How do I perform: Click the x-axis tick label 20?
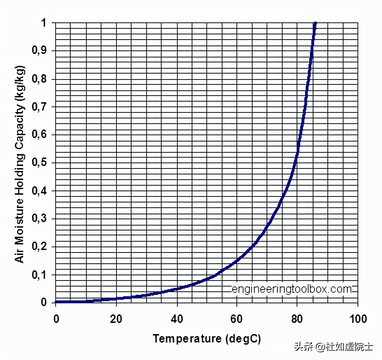point(116,319)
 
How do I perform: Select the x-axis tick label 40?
point(177,319)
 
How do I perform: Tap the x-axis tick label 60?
point(237,319)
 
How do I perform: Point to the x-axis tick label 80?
point(297,319)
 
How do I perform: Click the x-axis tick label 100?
point(358,319)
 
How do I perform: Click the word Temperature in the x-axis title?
point(187,339)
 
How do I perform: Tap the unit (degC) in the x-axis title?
point(243,339)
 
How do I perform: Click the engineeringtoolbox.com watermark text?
point(292,289)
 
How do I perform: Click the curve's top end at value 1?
point(315,24)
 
